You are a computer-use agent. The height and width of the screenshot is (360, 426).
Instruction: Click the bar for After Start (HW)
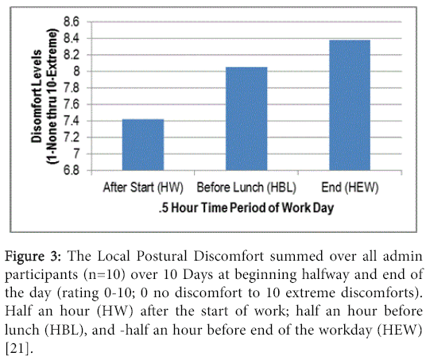click(x=143, y=145)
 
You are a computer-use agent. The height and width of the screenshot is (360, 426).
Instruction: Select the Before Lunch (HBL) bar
click(x=246, y=118)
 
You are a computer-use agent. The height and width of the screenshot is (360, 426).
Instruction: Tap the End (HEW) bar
click(x=350, y=105)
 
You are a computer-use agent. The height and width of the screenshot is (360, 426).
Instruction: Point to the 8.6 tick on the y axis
click(x=72, y=21)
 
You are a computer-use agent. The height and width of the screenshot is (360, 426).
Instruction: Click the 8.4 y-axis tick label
click(x=72, y=38)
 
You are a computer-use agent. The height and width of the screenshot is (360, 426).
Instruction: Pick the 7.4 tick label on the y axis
click(x=72, y=121)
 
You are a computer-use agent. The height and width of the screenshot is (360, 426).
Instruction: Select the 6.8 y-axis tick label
click(x=72, y=170)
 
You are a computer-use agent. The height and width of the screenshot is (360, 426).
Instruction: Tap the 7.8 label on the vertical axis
click(x=72, y=88)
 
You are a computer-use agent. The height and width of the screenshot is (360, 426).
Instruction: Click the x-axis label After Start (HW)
click(x=143, y=188)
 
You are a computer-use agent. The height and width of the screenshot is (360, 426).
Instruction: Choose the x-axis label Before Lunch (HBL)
click(x=246, y=188)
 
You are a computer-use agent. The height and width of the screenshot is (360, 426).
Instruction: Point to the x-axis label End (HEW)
click(x=350, y=188)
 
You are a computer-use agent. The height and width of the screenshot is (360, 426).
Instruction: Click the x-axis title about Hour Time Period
click(x=246, y=208)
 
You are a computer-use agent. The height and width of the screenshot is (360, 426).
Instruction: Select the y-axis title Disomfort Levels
click(x=37, y=96)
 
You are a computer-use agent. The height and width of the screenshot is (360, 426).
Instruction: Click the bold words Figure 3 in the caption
click(x=33, y=256)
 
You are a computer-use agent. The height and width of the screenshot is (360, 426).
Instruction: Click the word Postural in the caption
click(x=161, y=256)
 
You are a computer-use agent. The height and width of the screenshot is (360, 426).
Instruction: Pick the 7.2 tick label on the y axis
click(x=72, y=137)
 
